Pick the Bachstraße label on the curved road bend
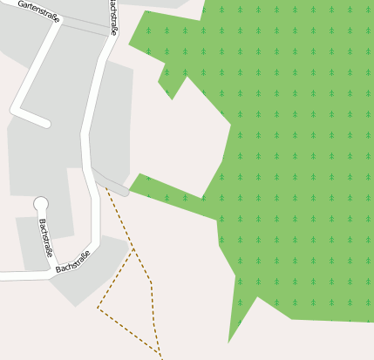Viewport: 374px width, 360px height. click(x=73, y=262)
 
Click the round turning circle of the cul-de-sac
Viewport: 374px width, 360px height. click(x=40, y=204)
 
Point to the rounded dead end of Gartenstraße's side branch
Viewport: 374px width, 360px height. click(x=44, y=123)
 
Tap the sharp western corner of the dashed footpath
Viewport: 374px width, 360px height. click(x=98, y=308)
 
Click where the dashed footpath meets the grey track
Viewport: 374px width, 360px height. click(x=107, y=186)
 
